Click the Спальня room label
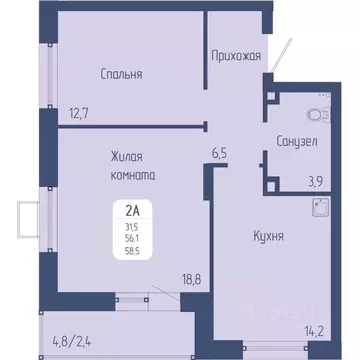121,74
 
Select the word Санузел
297,142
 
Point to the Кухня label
269,236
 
